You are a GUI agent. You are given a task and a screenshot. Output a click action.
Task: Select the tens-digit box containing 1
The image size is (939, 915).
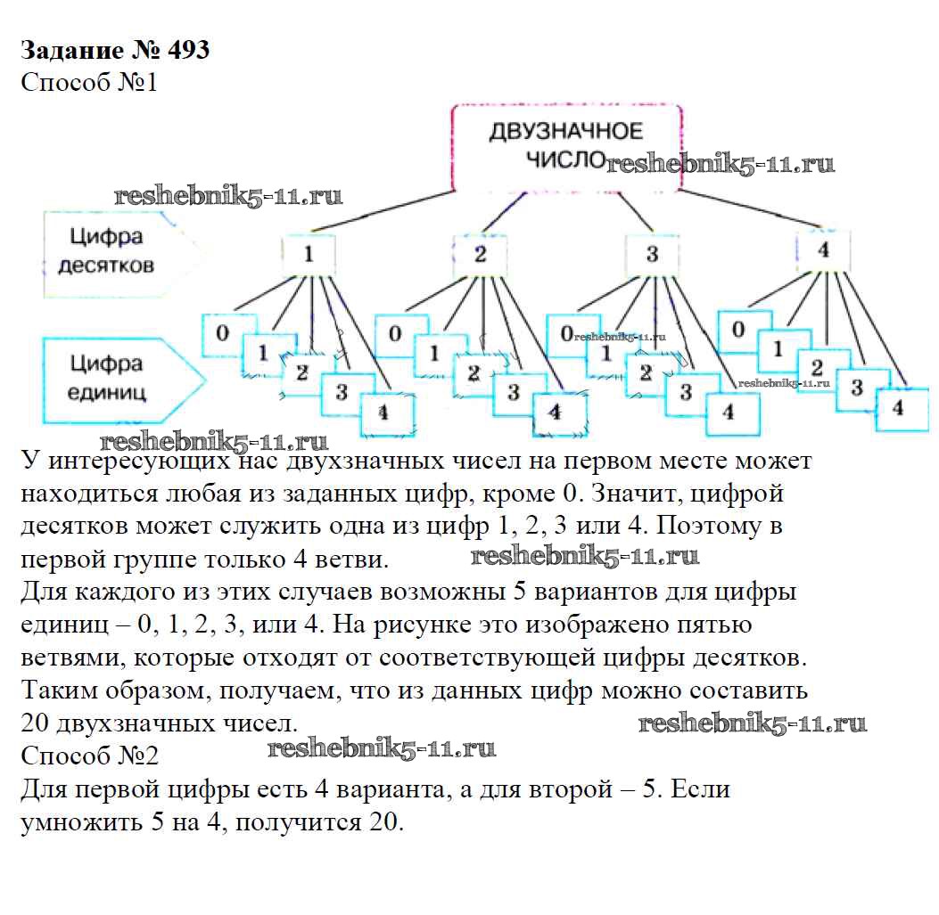309,255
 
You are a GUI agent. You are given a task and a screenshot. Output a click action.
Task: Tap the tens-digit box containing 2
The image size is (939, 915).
480,255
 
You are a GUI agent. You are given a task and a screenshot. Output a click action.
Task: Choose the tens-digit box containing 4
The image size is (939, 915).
823,250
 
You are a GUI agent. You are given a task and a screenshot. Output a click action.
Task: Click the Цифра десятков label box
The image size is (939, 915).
111,251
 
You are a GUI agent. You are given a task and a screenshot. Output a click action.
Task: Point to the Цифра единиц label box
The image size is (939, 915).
111,377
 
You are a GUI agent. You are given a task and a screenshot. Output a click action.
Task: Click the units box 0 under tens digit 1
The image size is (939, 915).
225,334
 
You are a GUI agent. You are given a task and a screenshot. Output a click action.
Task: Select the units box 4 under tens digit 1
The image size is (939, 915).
383,413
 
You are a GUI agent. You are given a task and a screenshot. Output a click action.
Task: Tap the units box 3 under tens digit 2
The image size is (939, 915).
513,392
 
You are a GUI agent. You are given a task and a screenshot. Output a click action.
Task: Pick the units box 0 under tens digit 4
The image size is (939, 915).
738,330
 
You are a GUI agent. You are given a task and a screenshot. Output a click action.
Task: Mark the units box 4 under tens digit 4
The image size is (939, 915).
898,409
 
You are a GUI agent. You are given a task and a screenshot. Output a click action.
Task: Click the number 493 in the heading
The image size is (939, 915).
182,50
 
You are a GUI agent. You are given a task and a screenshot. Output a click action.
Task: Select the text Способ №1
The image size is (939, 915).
88,83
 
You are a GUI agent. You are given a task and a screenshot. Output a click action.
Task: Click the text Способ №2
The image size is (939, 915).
88,756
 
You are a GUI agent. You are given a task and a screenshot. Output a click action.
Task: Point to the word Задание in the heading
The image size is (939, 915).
68,50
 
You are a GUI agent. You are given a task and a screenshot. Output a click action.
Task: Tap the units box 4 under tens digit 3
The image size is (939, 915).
729,413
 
